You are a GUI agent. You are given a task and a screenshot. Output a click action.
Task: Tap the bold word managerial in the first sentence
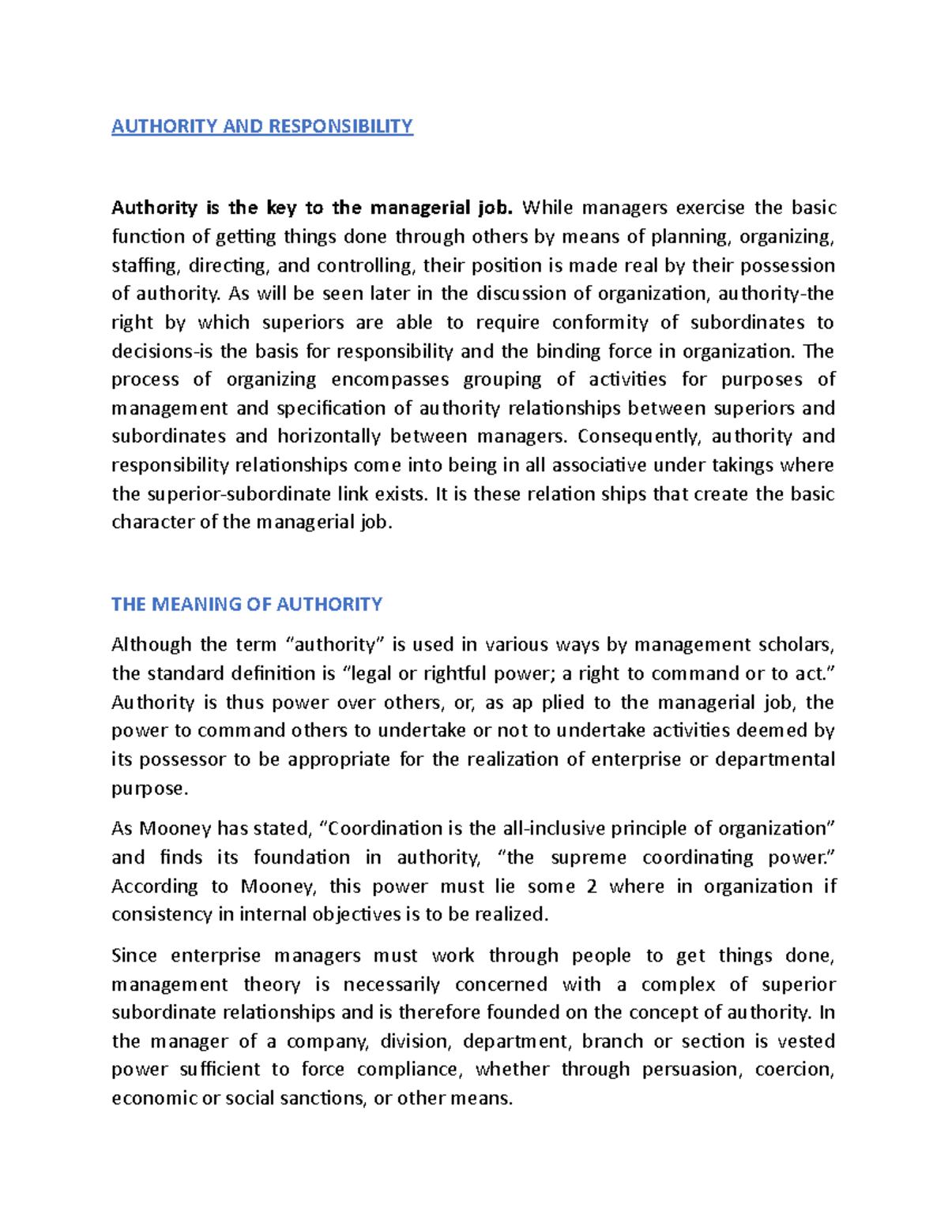[x=420, y=208]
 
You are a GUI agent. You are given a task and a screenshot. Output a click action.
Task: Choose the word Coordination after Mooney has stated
[x=382, y=829]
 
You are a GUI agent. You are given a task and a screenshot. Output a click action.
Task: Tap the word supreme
[x=588, y=857]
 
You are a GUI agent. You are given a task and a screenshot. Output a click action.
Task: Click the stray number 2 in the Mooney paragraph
[x=592, y=887]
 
